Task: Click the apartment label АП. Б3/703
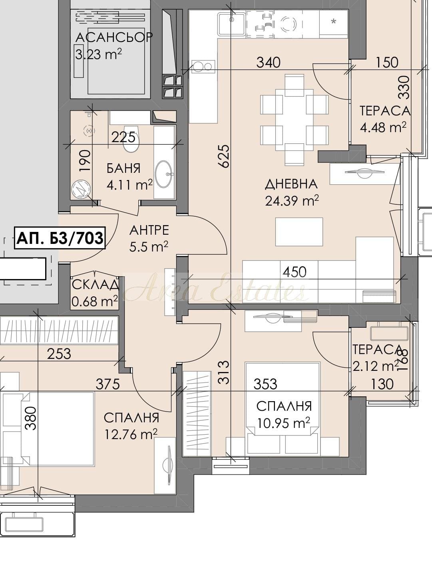[60, 238]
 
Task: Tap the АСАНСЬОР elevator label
[114, 38]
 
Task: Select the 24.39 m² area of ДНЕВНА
[292, 201]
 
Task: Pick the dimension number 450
[294, 272]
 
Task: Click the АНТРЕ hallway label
[149, 230]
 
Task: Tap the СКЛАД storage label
[95, 285]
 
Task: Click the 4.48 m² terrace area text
[383, 128]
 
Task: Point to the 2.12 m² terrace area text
[376, 366]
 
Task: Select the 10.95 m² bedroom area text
[284, 423]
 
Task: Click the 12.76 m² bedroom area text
[131, 435]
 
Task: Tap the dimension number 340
[269, 63]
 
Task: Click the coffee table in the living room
[299, 232]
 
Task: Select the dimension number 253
[59, 354]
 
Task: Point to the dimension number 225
[123, 137]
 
